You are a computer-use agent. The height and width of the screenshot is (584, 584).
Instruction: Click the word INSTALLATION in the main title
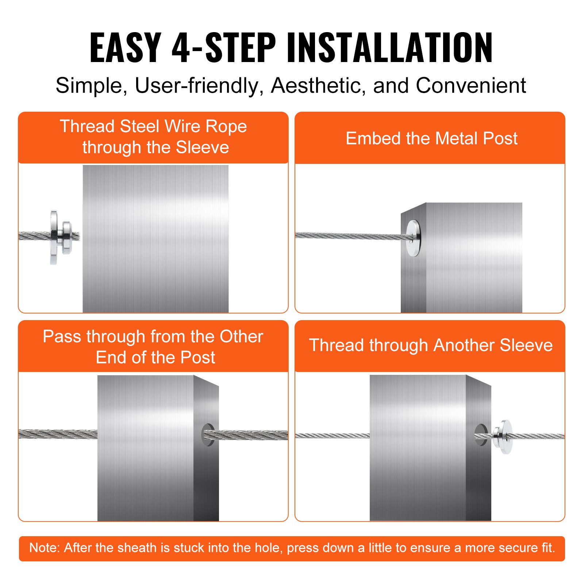[x=389, y=47]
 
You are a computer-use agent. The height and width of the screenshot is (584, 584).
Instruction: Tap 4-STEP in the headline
[x=223, y=47]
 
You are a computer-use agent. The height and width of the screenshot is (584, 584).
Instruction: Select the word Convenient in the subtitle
[x=470, y=86]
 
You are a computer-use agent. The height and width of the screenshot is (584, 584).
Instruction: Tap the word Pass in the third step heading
[x=62, y=337]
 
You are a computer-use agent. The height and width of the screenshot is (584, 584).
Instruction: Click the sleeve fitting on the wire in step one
[x=60, y=237]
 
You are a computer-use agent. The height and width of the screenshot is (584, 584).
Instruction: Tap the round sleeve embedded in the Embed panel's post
[x=413, y=238]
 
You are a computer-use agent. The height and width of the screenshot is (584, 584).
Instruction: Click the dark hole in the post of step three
[x=207, y=434]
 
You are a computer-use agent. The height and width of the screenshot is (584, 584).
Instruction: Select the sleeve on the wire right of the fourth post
[x=503, y=437]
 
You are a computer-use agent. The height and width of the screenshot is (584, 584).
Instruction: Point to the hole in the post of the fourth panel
[x=480, y=434]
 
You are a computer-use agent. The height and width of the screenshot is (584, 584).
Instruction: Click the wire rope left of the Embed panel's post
[x=347, y=236]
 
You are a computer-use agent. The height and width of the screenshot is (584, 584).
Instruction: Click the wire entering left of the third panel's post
[x=58, y=434]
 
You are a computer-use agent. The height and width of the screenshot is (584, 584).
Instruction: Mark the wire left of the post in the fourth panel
[x=332, y=435]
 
